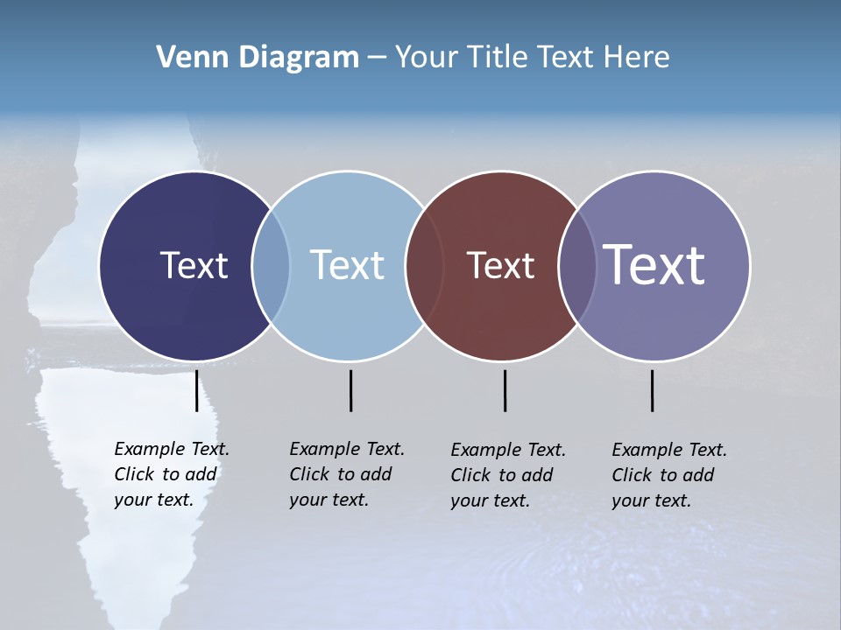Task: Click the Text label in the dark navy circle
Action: (x=194, y=265)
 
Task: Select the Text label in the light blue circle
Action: (x=348, y=265)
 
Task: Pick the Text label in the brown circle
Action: (x=500, y=265)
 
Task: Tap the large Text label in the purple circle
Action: (x=654, y=265)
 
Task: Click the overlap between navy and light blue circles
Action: (x=271, y=265)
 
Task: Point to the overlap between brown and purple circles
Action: (x=577, y=265)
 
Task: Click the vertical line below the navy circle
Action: (x=196, y=390)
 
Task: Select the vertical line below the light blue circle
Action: (x=350, y=390)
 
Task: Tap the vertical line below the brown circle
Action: (x=505, y=390)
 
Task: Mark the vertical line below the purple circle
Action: (x=652, y=390)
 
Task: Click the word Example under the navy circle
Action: (x=149, y=450)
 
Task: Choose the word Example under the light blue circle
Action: (x=324, y=450)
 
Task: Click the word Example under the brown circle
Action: (x=485, y=451)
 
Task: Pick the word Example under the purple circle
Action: (x=647, y=451)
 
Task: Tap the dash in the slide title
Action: (x=377, y=59)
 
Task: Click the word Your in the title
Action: (x=427, y=58)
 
